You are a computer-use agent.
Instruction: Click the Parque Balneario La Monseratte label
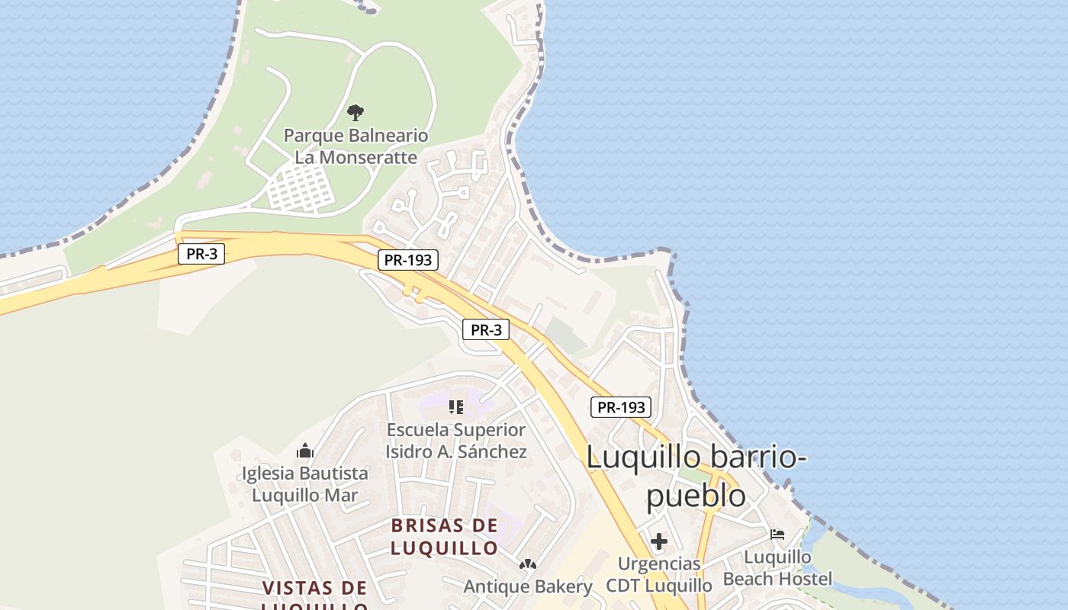356,146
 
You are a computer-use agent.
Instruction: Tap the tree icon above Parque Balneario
355,113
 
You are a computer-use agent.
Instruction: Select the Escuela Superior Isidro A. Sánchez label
456,441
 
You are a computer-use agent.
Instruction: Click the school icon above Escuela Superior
456,407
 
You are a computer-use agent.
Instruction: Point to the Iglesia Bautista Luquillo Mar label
305,484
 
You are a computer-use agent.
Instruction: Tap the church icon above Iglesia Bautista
305,451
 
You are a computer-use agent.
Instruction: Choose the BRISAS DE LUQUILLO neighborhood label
444,536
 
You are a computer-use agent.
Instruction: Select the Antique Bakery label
528,586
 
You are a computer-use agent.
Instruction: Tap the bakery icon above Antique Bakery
527,564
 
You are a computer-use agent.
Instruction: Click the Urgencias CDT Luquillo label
659,574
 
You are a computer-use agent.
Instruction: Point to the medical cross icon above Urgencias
659,541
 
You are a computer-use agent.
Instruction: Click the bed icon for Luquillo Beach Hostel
777,535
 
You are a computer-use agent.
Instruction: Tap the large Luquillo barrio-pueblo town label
696,476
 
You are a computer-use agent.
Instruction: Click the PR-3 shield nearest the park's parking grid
201,254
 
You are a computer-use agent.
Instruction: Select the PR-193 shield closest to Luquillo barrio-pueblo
621,407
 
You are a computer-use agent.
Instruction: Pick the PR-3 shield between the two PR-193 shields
486,329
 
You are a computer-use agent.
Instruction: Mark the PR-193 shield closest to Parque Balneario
408,260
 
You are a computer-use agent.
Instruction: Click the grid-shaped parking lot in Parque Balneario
299,188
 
